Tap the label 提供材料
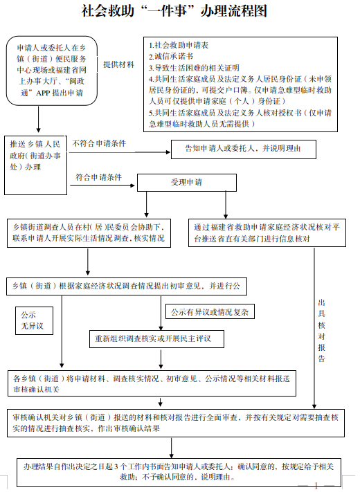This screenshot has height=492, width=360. [119, 64]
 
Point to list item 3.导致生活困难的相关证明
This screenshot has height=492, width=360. [194, 68]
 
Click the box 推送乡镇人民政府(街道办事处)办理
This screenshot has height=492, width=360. [37, 163]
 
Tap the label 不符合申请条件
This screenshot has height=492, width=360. [99, 143]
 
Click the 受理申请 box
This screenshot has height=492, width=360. [186, 182]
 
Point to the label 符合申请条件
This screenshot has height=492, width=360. [98, 177]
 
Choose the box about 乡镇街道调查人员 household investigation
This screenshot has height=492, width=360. [89, 233]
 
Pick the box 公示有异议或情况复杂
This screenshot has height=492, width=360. [209, 312]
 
